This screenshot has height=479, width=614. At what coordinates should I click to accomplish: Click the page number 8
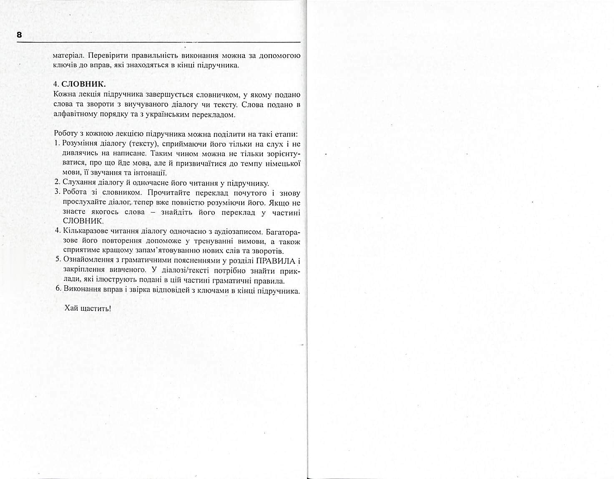[19, 35]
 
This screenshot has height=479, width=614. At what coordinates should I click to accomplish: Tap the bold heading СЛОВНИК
[84, 84]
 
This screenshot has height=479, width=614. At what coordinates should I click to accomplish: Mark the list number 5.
[58, 261]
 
